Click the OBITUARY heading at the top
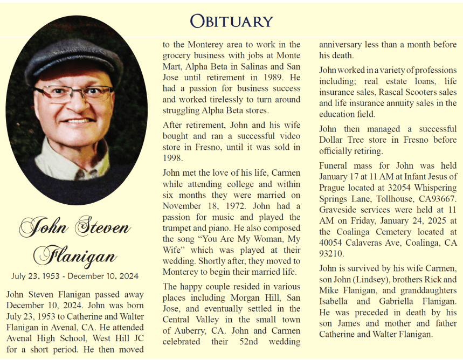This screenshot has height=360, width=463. [x=232, y=21]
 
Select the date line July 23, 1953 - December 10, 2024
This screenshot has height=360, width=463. [x=75, y=276]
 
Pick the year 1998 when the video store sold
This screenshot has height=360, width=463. [x=174, y=158]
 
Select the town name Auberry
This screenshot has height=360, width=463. [x=192, y=331]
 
